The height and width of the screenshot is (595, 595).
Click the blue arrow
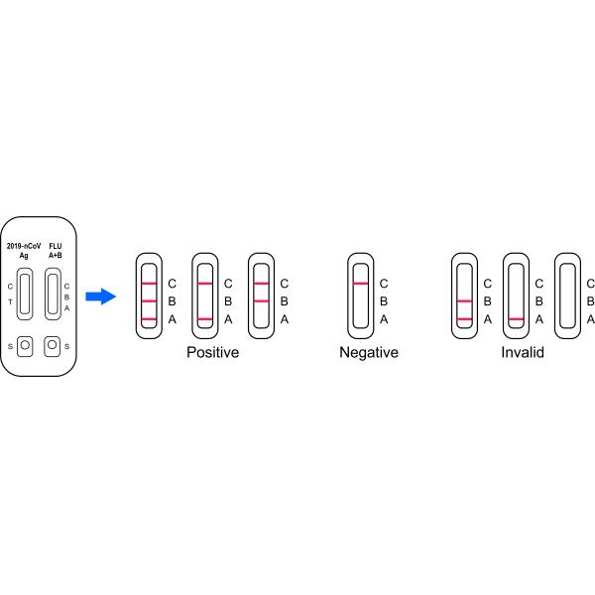100,297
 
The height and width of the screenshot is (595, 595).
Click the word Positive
213,352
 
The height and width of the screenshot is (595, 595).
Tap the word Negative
369,352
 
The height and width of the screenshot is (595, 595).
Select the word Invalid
523,352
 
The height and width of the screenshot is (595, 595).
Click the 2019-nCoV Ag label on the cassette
24,251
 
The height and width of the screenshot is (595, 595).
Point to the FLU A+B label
56,251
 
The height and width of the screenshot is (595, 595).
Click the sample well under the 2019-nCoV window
25,346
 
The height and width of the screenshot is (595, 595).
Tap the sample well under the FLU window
53,346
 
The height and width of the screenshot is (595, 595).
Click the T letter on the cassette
10,302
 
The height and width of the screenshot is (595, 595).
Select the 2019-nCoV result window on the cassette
25,295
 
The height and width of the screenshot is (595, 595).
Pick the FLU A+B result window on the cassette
53,295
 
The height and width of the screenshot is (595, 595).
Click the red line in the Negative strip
361,284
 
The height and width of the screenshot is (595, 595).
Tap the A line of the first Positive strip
149,319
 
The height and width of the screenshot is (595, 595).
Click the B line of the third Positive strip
262,301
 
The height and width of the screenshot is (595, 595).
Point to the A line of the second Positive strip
205,319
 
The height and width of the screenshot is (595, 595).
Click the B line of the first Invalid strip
464,301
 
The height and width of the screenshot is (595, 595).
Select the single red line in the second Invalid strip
516,319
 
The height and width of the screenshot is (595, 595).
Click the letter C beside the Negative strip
384,284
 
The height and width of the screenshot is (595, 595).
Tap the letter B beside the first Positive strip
172,301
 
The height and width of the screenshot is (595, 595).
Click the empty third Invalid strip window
567,296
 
